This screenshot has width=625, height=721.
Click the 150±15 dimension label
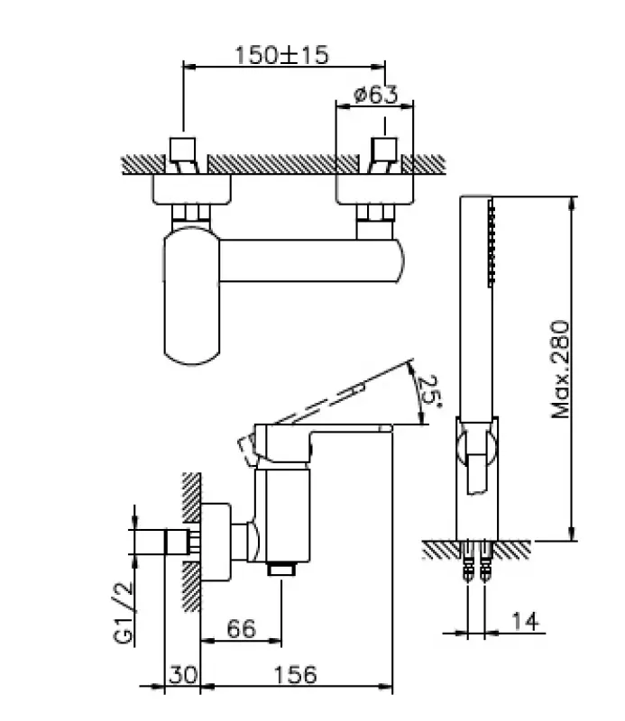coord(281,54)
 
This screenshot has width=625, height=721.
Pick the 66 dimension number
coord(241,628)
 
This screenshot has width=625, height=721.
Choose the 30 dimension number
coord(182,674)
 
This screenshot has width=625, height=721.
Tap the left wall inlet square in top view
coord(183,148)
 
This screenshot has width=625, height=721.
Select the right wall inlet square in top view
coord(386,148)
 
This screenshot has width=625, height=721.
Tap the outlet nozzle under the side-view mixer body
coord(283,570)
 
